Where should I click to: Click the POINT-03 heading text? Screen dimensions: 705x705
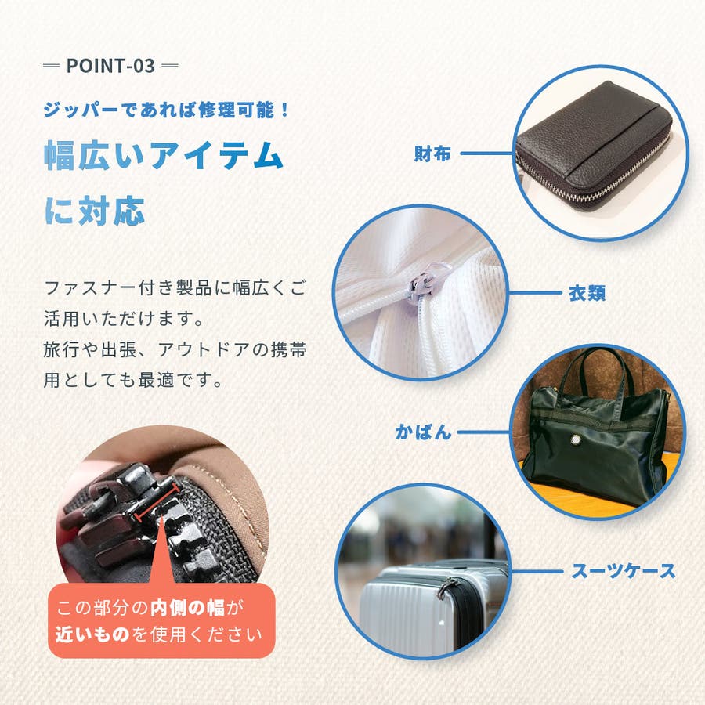pos(110,66)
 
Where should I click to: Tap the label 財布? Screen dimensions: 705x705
pos(432,154)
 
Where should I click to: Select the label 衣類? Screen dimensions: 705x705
pos(587,293)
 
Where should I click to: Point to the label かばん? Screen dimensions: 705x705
pos(423,432)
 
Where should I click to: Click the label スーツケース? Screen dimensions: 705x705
pos(624,572)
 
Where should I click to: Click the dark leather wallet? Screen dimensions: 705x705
pos(595,146)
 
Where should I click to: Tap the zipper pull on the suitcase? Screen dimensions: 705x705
pos(446,587)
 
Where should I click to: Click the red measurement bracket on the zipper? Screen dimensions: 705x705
pos(157,504)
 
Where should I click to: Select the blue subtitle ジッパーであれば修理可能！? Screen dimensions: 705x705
pos(166,110)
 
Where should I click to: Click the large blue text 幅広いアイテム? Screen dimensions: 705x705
pos(164,156)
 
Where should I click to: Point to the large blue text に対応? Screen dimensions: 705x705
pos(95,211)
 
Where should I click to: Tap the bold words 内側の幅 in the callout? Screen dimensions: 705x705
pos(187,608)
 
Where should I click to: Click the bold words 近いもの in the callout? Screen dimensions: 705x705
pos(92,634)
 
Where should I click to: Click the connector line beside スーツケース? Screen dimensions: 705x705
pos(537,572)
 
